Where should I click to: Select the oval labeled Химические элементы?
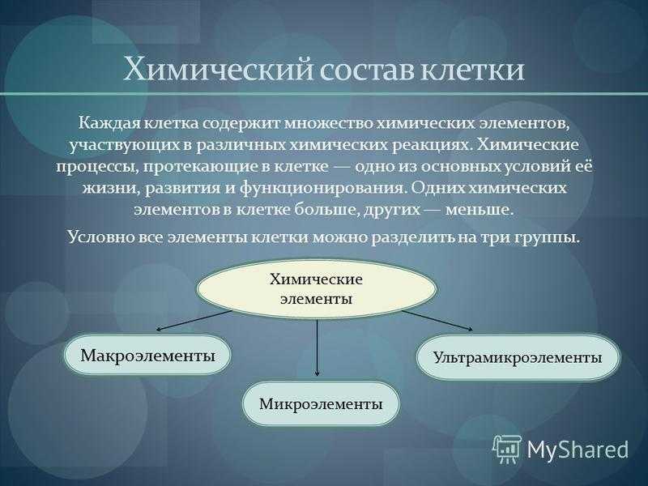point(317,288)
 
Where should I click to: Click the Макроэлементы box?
point(147,356)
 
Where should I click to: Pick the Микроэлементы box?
point(321,403)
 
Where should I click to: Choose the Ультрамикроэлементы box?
point(518,357)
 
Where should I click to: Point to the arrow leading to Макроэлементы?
point(194,321)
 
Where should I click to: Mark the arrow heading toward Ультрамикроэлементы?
point(437,320)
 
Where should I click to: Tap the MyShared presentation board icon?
point(508,450)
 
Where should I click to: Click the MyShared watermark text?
point(578,450)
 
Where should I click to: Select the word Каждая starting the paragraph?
point(108,124)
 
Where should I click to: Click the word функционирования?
point(321,188)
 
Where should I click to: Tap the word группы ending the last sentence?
point(548,238)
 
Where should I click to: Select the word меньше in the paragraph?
point(480,210)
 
